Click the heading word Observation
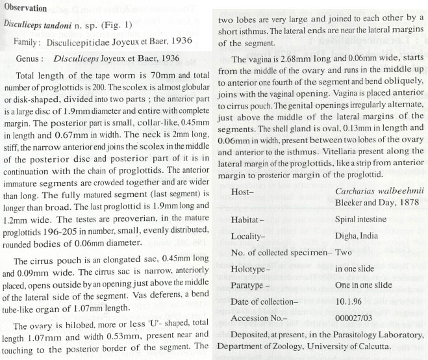(28, 9)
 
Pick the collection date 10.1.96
(349, 300)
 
